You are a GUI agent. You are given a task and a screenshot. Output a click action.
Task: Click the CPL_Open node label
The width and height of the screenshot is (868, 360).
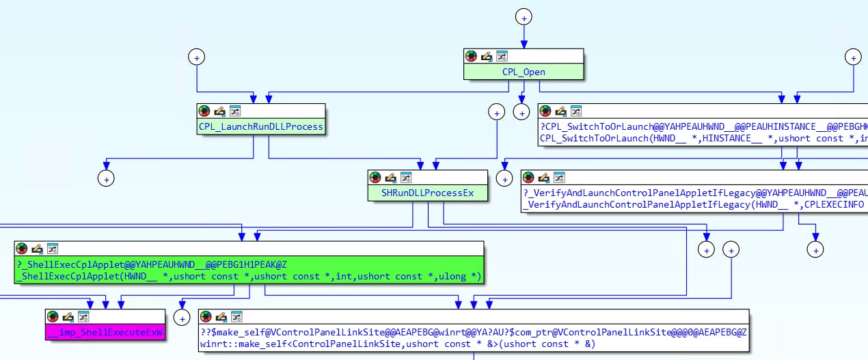click(524, 71)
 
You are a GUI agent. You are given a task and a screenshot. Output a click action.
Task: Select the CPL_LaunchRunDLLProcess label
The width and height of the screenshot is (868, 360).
click(260, 126)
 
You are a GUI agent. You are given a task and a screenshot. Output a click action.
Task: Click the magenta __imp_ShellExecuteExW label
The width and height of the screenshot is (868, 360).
click(105, 333)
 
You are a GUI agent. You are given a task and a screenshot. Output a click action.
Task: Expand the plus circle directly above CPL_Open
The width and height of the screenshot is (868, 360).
click(524, 17)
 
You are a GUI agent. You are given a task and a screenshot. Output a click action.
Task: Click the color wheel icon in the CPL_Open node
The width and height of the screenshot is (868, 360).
click(471, 56)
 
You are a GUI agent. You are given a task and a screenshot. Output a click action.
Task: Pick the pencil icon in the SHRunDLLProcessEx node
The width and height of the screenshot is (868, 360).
click(391, 178)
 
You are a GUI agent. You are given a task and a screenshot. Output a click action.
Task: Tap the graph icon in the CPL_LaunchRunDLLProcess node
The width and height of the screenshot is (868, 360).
click(235, 111)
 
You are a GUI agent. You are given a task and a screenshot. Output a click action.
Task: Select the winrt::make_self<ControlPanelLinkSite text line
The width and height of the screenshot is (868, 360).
click(397, 344)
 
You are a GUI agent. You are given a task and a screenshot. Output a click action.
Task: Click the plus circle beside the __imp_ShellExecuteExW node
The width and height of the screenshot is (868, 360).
click(181, 317)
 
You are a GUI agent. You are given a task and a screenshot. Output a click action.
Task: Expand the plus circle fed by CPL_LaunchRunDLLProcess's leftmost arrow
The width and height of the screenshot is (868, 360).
click(106, 178)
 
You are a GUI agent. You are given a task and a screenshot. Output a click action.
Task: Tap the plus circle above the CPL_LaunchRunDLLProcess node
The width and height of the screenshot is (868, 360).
click(197, 58)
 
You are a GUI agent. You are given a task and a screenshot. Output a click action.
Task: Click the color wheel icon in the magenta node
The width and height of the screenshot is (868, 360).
click(53, 317)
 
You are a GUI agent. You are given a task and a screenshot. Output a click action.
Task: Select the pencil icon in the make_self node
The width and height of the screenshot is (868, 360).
click(221, 317)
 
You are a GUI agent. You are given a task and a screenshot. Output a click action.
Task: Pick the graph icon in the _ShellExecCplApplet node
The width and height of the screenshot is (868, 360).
click(53, 249)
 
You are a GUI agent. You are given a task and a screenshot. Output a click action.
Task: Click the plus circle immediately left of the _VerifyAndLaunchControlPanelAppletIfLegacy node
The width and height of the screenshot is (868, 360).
click(504, 178)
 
